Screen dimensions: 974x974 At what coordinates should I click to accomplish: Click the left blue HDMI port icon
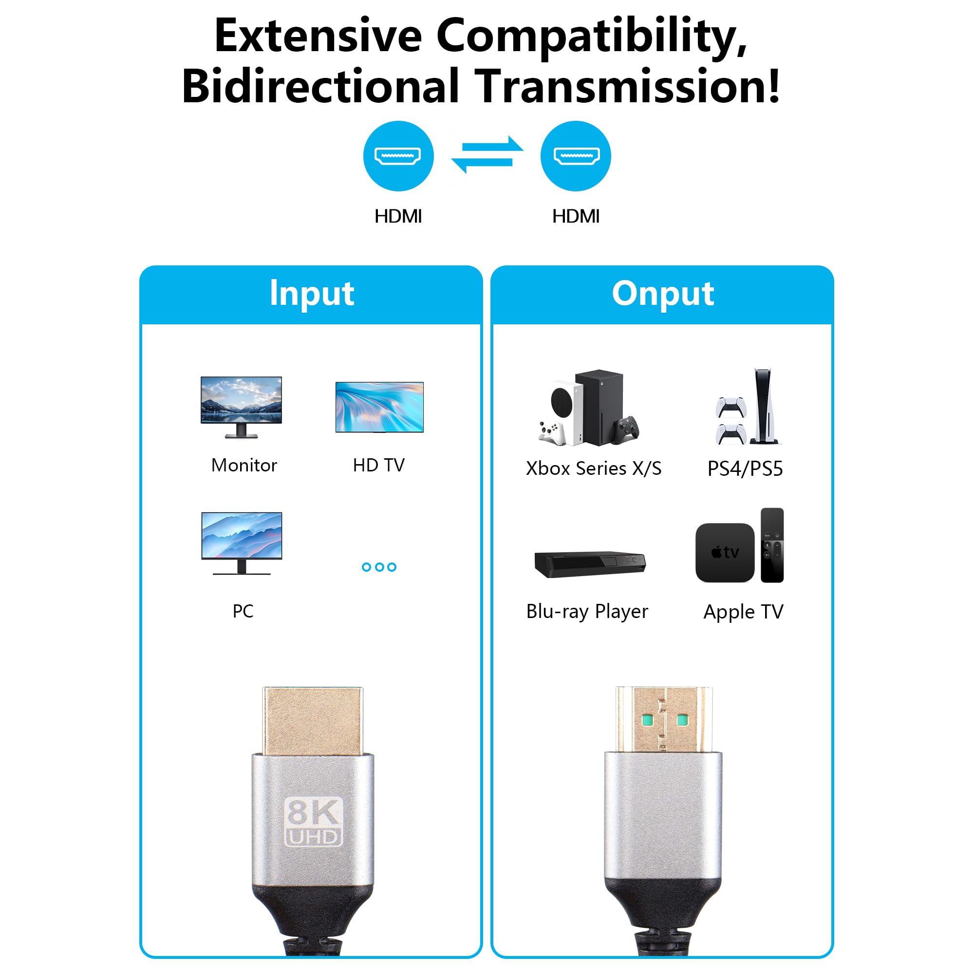tap(398, 156)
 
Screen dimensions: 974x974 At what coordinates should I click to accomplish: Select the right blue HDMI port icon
tap(576, 156)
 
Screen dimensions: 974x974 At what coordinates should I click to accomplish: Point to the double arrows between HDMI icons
tap(487, 155)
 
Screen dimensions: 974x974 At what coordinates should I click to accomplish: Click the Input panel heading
tap(312, 293)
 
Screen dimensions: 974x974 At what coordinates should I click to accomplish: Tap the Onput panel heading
tap(663, 293)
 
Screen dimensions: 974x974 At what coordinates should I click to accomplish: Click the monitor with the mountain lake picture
tap(242, 407)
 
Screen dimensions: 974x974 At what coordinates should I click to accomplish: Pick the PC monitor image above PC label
tap(242, 543)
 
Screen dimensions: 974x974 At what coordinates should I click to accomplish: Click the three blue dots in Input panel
tap(379, 567)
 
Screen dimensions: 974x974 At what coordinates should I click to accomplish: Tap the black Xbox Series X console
tap(600, 407)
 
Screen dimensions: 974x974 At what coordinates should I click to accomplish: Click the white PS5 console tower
tap(763, 406)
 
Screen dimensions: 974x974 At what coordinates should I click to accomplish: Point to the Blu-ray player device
tap(590, 563)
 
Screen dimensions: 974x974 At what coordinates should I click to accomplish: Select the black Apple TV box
tap(725, 553)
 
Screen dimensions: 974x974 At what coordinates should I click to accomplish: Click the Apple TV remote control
tap(772, 545)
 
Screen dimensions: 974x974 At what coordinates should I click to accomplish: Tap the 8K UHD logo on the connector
tap(314, 822)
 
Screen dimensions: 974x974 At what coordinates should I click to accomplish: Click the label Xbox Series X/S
tap(594, 468)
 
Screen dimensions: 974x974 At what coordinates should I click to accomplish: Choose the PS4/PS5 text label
tap(745, 469)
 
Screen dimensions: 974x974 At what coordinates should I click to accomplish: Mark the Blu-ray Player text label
tap(587, 612)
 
